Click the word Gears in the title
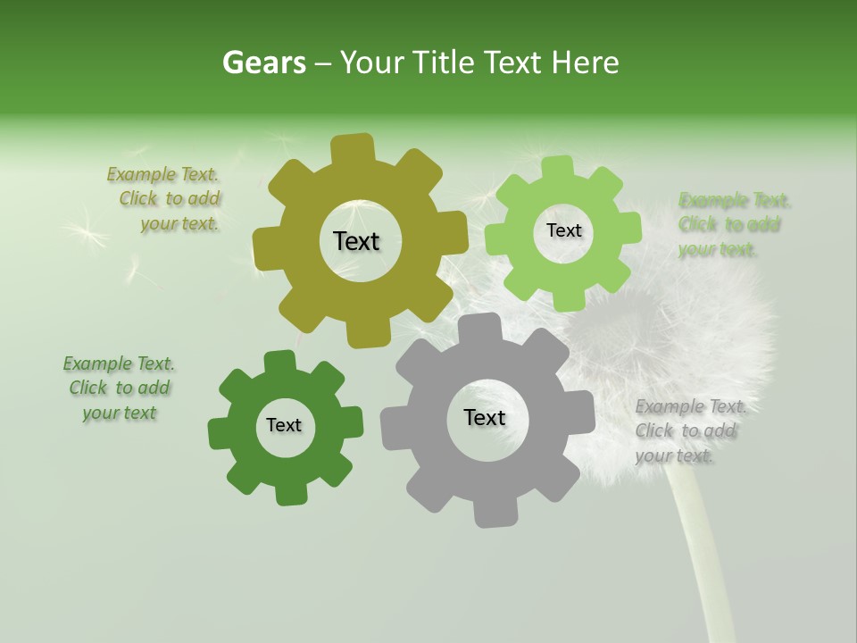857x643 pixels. click(263, 63)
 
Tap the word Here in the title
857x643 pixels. click(585, 63)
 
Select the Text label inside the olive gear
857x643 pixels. click(356, 241)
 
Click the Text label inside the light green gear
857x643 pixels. click(563, 230)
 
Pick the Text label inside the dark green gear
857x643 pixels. click(284, 425)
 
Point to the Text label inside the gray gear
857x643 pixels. click(485, 417)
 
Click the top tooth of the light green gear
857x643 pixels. click(558, 167)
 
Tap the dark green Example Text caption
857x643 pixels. click(119, 388)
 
